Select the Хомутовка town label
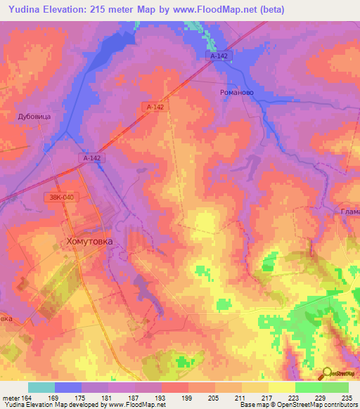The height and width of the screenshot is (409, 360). tap(89, 240)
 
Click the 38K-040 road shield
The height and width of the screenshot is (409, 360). tap(61, 197)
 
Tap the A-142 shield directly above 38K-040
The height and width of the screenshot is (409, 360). tap(92, 159)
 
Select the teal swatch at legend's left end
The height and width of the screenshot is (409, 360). tap(41, 388)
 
